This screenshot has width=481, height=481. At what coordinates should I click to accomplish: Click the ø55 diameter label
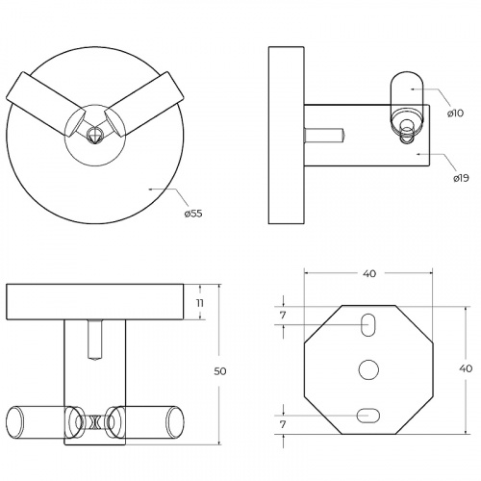(x=193, y=214)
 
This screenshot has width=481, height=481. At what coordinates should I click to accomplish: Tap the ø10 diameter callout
(x=455, y=113)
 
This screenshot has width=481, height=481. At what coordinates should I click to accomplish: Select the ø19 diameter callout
(x=461, y=178)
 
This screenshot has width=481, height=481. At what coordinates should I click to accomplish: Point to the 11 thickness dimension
(x=200, y=303)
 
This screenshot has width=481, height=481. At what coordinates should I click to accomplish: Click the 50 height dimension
(x=220, y=371)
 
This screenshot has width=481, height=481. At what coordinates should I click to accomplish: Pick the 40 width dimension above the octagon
(x=369, y=273)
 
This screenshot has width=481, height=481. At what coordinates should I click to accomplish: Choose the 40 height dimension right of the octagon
(x=466, y=368)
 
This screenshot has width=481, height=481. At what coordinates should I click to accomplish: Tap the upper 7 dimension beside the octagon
(x=283, y=316)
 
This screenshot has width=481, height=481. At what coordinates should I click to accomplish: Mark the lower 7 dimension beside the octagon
(x=283, y=425)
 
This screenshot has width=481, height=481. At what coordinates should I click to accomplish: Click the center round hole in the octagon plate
(x=368, y=369)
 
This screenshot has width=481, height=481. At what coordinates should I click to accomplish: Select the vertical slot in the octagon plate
(x=368, y=325)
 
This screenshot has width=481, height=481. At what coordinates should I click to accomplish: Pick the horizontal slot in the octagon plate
(x=368, y=416)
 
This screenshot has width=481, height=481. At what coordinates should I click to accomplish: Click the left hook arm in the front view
(x=46, y=104)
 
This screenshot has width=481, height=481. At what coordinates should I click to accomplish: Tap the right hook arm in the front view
(x=144, y=104)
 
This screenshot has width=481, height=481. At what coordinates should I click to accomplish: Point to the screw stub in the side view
(x=324, y=135)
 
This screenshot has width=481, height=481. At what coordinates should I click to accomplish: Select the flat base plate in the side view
(x=287, y=135)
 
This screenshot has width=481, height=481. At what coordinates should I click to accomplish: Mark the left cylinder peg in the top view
(x=43, y=422)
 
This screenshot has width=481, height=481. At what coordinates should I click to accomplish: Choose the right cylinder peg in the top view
(x=146, y=422)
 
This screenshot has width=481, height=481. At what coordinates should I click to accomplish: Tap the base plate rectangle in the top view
(x=95, y=302)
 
